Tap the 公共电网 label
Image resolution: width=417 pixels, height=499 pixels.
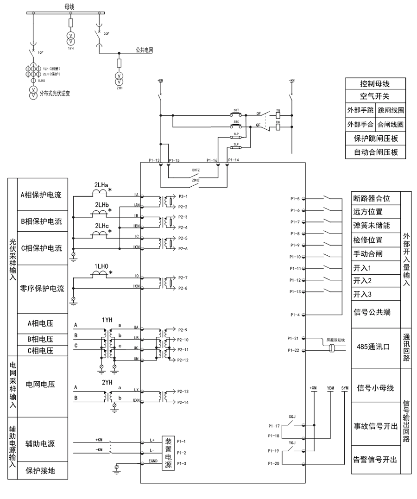tap(144, 50)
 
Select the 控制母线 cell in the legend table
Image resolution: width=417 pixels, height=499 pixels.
tap(375, 84)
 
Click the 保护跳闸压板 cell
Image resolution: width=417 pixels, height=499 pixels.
tap(375, 139)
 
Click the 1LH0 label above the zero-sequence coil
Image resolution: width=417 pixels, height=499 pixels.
tap(101, 265)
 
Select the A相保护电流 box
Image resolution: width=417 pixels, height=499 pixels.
tap(41, 195)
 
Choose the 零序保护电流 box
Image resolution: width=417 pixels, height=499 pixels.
tap(41, 289)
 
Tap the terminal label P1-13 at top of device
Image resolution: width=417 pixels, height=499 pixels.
tap(154, 160)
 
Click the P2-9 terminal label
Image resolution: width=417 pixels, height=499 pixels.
tap(183, 330)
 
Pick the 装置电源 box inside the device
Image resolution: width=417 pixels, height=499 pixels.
tap(168, 453)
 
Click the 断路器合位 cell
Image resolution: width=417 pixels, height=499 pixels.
tap(372, 198)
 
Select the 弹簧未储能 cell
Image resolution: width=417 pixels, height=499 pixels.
tap(372, 226)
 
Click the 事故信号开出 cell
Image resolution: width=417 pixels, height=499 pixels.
tap(375, 426)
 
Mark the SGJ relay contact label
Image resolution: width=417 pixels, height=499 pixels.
tap(292, 417)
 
